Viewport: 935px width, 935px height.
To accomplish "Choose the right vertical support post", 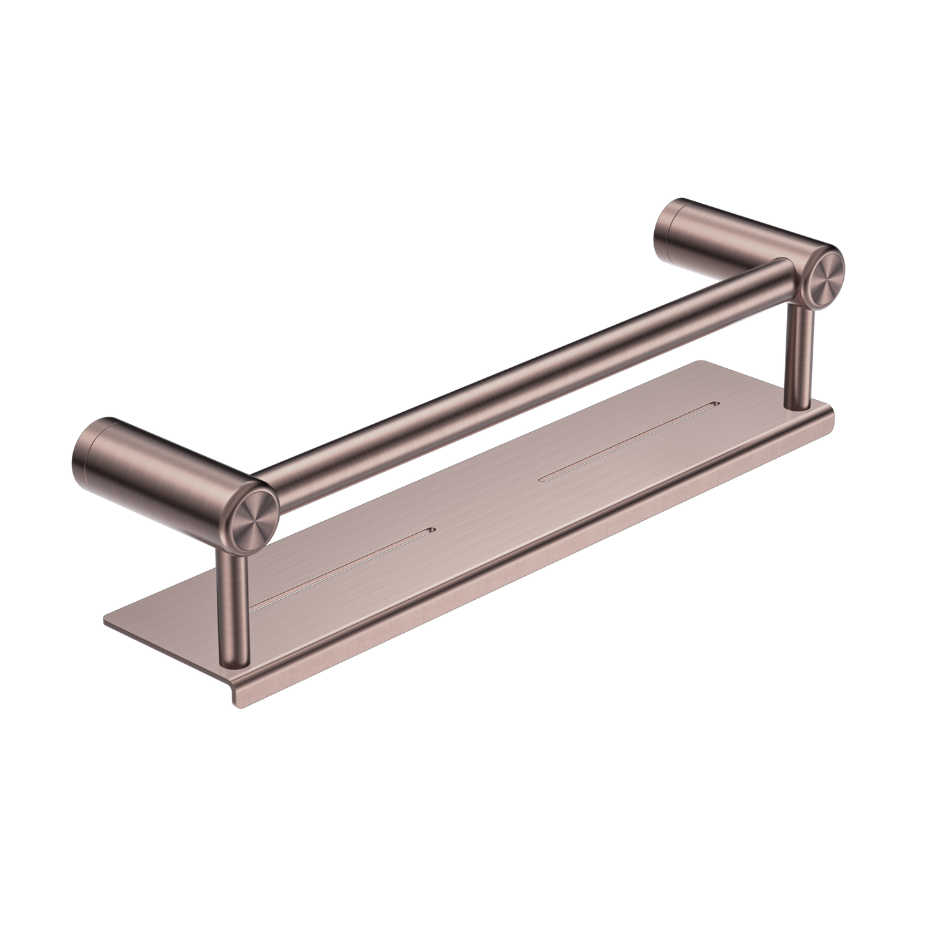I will click(798, 356).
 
